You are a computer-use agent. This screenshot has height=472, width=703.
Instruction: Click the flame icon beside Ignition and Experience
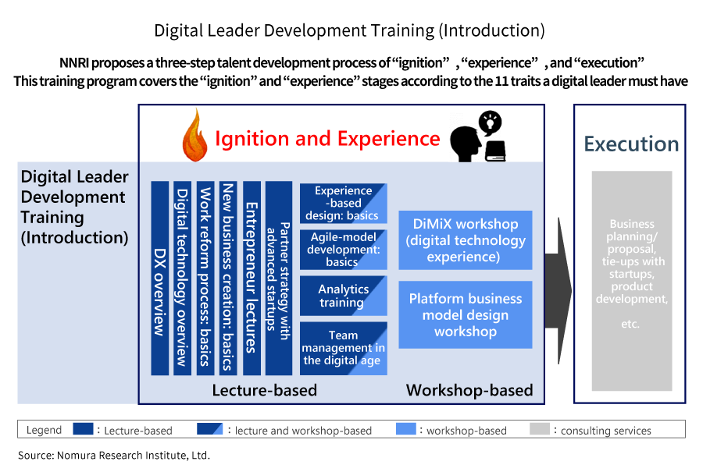pos(194,136)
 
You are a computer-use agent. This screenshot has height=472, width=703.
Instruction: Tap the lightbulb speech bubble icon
pos(490,122)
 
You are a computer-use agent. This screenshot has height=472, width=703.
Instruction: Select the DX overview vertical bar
pos(160,278)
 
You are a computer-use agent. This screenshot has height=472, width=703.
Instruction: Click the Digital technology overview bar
pos(183,278)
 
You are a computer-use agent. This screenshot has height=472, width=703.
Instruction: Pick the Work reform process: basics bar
pos(205,278)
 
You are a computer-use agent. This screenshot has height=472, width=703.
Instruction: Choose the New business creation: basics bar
pos(228,278)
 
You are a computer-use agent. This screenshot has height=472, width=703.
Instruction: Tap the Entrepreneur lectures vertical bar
pos(252,278)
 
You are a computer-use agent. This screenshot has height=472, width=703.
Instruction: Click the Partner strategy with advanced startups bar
pos(279,278)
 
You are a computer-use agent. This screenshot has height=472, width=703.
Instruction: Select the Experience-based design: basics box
pos(344,203)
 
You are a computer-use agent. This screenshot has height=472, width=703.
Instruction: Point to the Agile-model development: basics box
pos(344,250)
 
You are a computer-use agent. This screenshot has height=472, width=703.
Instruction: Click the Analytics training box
pos(344,296)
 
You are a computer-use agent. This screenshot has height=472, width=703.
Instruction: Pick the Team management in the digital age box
pos(344,348)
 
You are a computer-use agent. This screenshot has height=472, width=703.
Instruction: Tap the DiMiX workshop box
pos(466,240)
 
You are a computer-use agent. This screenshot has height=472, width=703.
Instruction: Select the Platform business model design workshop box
pos(466,315)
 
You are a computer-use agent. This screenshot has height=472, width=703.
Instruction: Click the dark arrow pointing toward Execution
pos(558,291)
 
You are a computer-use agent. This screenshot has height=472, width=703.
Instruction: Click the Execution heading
pos(631,144)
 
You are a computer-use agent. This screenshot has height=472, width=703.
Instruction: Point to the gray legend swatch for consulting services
pos(539,429)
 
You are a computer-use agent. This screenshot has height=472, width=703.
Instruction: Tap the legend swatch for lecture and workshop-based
pos(209,429)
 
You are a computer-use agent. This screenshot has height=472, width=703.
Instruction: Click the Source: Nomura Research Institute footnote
pos(114,456)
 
